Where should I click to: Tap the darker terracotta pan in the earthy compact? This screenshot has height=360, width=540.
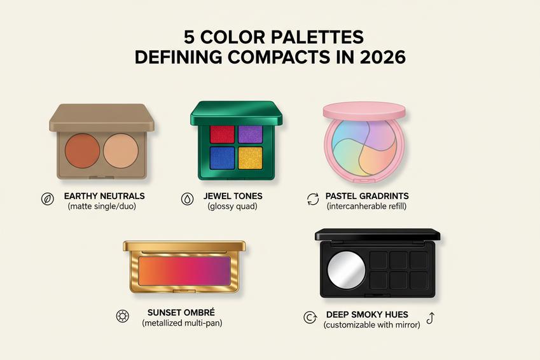(x=81, y=149)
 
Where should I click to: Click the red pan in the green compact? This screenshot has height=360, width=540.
(x=222, y=134)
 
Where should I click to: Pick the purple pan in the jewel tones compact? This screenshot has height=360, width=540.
(x=250, y=134)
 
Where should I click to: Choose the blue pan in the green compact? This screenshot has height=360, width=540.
(x=222, y=158)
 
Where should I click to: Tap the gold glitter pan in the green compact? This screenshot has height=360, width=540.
(x=250, y=158)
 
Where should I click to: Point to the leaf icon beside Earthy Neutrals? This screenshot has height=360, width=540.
(x=47, y=198)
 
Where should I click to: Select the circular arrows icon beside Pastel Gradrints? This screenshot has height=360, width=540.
(x=313, y=198)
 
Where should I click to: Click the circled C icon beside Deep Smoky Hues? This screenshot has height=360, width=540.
(x=310, y=317)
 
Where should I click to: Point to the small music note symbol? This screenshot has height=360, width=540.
(x=430, y=317)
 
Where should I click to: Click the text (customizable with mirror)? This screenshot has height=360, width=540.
(x=371, y=325)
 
